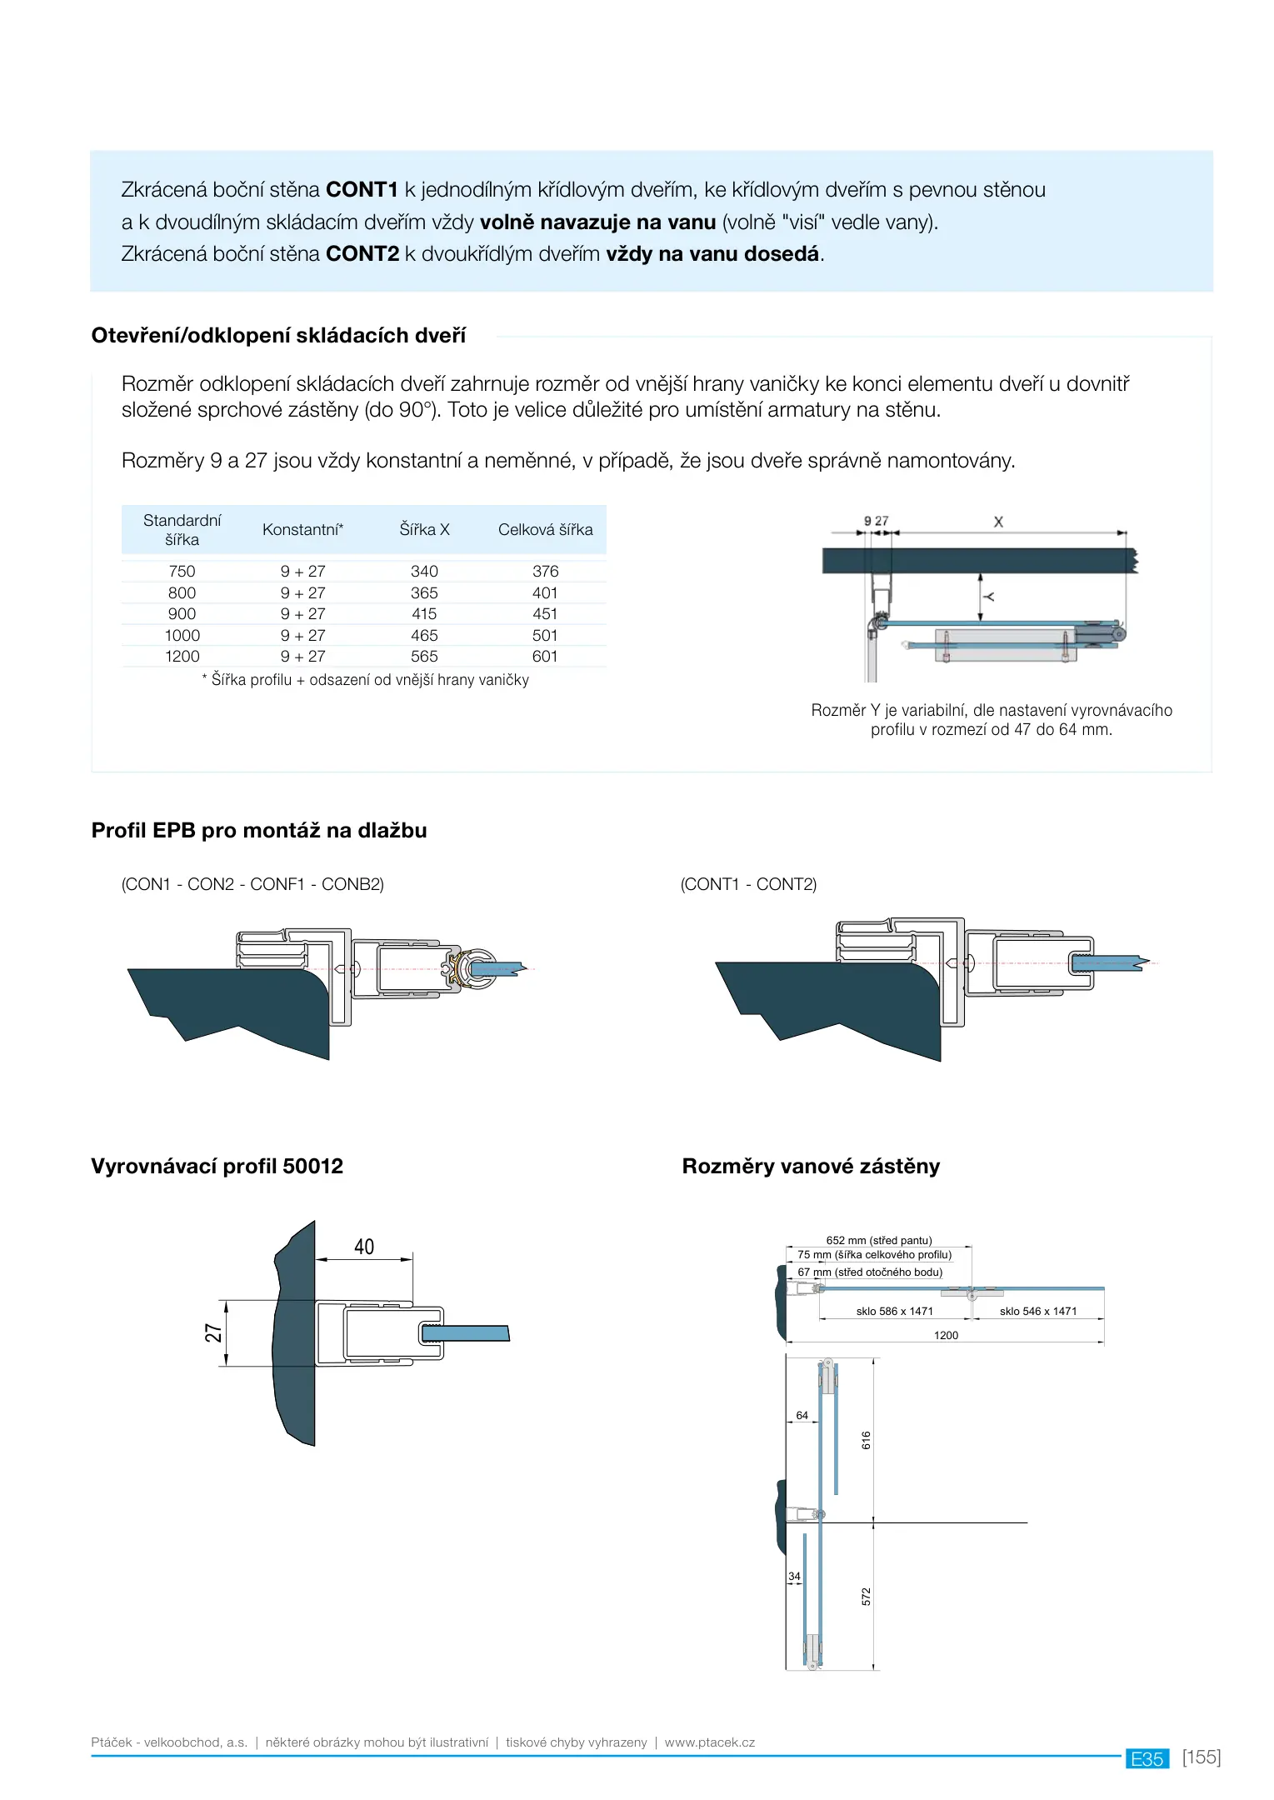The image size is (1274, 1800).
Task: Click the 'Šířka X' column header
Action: point(424,529)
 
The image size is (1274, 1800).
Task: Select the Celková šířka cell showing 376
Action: point(546,571)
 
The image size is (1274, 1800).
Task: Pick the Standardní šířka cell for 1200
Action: point(182,656)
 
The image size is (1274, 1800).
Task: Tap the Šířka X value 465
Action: point(424,635)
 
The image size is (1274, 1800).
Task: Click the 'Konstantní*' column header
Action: point(302,529)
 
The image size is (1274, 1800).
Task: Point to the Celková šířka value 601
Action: point(545,656)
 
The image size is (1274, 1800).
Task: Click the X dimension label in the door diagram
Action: point(998,522)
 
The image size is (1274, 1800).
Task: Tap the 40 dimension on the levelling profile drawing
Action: point(364,1247)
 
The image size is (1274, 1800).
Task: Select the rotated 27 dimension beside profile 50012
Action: point(214,1332)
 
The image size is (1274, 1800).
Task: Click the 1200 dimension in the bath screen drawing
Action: point(946,1335)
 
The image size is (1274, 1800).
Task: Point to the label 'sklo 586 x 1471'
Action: point(895,1311)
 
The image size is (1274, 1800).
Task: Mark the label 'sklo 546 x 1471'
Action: point(1038,1311)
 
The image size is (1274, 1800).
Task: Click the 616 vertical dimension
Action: point(867,1440)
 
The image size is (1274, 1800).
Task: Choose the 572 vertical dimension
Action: point(867,1597)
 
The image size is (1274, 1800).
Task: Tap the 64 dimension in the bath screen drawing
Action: point(802,1415)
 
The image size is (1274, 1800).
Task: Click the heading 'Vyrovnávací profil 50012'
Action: point(217,1166)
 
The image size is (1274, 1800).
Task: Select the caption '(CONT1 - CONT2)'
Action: point(748,884)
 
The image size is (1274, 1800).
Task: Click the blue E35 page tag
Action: point(1147,1758)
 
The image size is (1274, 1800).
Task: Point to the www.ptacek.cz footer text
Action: point(710,1742)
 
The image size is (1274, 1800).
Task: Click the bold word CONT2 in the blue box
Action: point(362,253)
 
